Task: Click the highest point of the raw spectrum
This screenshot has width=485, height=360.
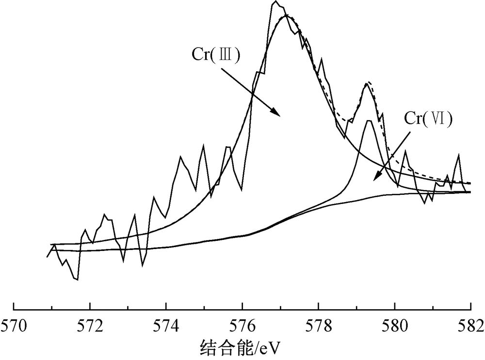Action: [275, 1]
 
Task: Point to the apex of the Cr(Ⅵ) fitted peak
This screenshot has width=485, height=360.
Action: [369, 121]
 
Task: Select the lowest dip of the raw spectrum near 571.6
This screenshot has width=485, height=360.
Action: [77, 280]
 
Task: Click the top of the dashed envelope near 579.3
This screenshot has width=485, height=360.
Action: [369, 82]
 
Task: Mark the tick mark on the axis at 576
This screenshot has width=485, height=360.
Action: [242, 306]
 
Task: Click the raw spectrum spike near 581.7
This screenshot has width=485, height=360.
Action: [459, 155]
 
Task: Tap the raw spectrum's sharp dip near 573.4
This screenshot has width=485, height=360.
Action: [143, 265]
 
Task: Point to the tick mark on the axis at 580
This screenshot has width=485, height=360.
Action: [394, 306]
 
